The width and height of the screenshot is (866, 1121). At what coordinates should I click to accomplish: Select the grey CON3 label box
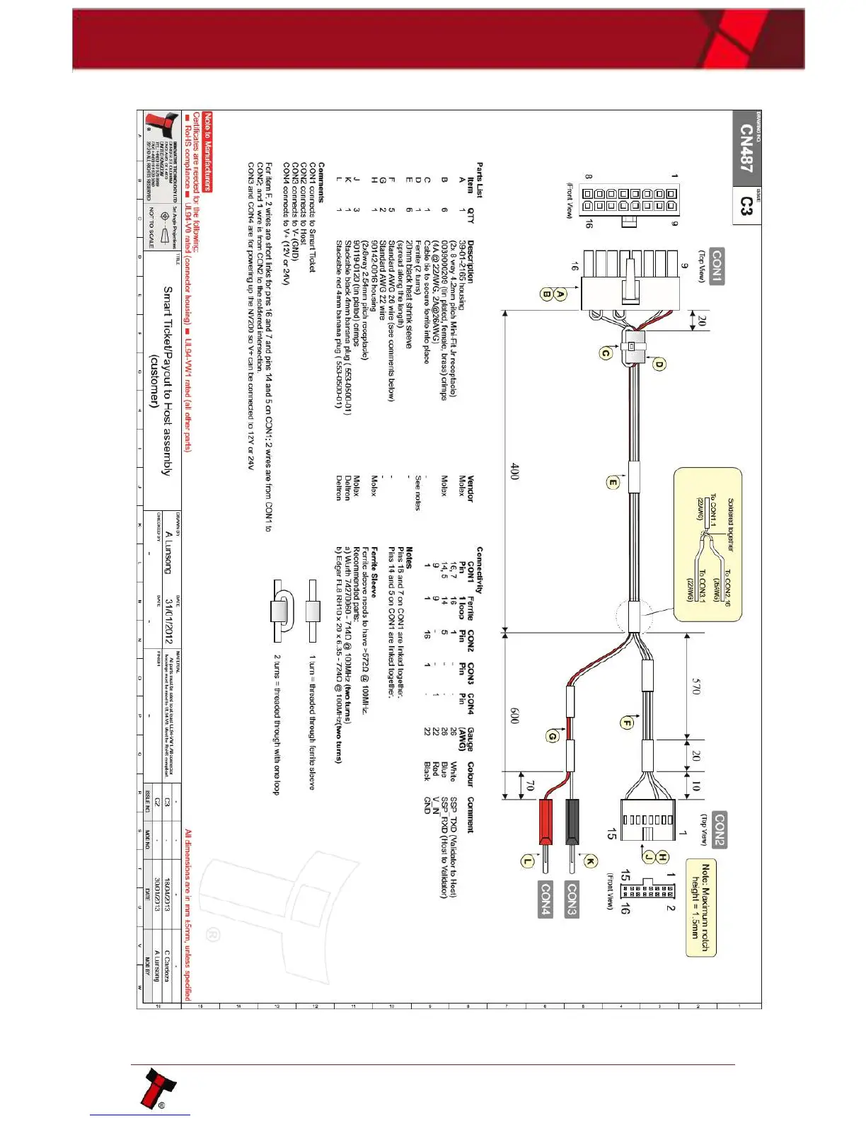(572, 899)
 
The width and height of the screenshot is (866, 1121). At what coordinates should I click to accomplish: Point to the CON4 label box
(545, 899)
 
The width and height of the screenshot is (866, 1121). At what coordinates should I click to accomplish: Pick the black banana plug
(572, 821)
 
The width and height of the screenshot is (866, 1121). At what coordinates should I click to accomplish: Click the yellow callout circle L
(527, 861)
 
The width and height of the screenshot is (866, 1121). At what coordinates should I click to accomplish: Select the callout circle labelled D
(659, 364)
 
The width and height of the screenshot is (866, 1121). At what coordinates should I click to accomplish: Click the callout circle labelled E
(613, 483)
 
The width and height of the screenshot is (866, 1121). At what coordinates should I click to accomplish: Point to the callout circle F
(627, 723)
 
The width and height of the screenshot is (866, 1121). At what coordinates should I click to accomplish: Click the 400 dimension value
(515, 471)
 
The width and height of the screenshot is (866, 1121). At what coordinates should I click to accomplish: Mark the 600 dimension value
(515, 715)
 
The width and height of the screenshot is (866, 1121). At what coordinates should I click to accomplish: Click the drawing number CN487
(746, 149)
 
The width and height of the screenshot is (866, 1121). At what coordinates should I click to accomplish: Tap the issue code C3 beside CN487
(746, 206)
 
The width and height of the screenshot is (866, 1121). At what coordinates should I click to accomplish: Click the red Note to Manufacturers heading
(207, 151)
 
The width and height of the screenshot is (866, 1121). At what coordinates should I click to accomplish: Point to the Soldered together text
(730, 524)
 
